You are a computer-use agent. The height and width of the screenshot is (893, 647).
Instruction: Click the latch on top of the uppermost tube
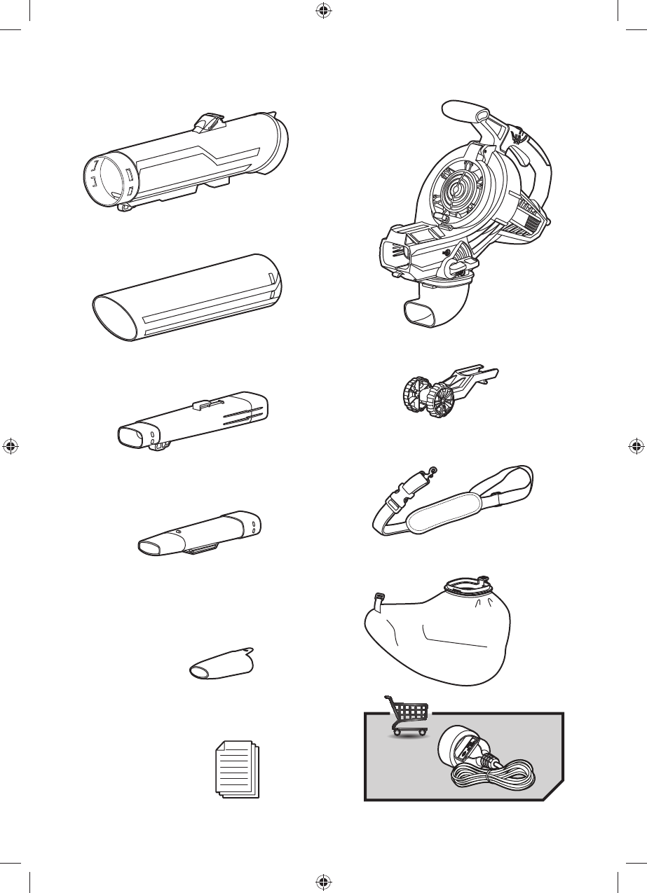click(x=209, y=123)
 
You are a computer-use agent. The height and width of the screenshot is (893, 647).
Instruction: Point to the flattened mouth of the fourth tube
click(x=154, y=546)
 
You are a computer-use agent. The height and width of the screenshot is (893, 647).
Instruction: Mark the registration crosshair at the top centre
click(x=323, y=11)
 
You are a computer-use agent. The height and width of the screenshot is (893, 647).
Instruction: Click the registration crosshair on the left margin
click(x=11, y=446)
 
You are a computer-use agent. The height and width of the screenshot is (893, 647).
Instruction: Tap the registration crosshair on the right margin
click(x=636, y=446)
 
